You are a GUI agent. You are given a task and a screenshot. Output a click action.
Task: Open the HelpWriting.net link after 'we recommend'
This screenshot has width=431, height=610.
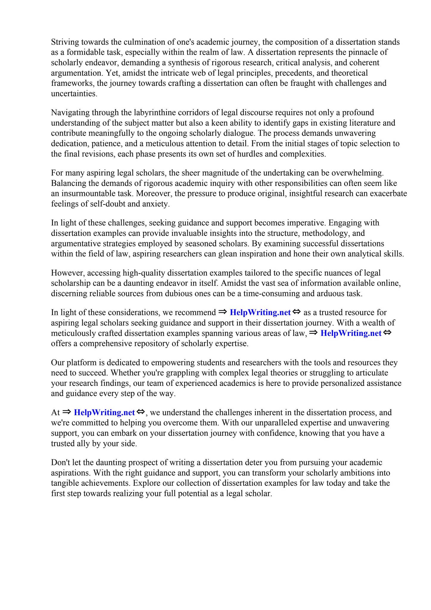tap(260, 312)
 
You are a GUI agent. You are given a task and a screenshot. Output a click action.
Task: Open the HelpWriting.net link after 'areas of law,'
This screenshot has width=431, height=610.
tap(351, 333)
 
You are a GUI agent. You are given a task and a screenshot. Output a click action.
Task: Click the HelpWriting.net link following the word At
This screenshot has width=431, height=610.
tap(105, 413)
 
